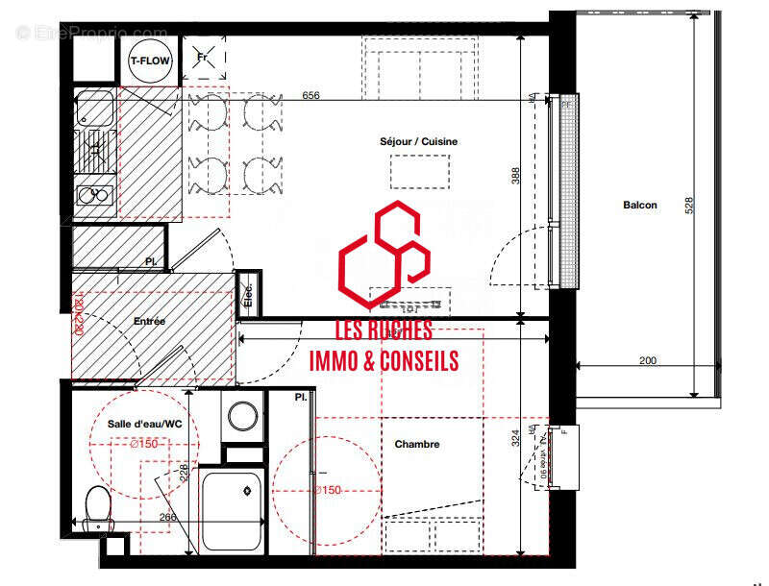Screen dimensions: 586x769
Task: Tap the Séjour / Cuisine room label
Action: click(x=418, y=142)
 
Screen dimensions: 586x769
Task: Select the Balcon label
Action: click(x=639, y=205)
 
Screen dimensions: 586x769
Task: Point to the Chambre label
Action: click(x=417, y=445)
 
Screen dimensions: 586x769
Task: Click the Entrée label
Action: click(x=150, y=322)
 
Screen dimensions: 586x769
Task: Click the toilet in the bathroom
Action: click(x=98, y=506)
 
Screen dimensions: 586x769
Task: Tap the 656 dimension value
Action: click(x=310, y=96)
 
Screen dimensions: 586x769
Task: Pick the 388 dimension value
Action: click(x=516, y=177)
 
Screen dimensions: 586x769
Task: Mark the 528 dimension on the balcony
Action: click(x=688, y=208)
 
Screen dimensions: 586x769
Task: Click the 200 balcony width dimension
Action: click(x=647, y=360)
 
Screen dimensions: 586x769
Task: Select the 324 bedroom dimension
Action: click(x=516, y=438)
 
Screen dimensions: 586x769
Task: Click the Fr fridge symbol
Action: click(x=203, y=58)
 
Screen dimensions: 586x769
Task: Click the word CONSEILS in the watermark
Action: click(x=415, y=361)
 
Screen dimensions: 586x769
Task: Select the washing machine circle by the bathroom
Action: click(x=242, y=416)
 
